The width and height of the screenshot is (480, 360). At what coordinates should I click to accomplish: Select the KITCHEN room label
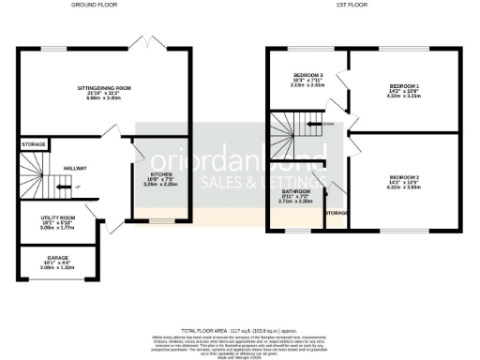tap(161, 174)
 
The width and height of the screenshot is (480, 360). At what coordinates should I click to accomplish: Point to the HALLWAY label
tap(75, 168)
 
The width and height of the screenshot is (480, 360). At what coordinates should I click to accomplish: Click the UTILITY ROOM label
tap(57, 217)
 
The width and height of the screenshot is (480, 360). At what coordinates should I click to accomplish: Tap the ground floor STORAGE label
tap(35, 144)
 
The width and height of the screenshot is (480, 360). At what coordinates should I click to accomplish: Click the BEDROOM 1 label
tap(405, 86)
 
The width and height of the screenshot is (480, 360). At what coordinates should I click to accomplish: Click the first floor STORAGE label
tap(336, 214)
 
